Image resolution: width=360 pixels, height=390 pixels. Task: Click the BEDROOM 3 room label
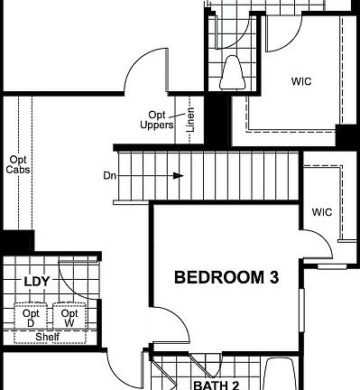[x=226, y=278]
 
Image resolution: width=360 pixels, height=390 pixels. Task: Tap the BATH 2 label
[x=217, y=384]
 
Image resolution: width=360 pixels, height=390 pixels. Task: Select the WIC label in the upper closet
[x=301, y=80]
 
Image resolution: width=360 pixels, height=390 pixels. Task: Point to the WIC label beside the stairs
[x=322, y=213]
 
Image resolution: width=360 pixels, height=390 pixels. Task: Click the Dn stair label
[x=110, y=174]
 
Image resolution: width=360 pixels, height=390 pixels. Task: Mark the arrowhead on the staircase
[x=180, y=175]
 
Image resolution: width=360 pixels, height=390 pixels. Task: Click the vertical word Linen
[x=190, y=121]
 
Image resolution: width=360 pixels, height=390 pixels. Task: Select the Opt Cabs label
[x=16, y=163]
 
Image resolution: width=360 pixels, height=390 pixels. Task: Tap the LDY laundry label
[x=36, y=282]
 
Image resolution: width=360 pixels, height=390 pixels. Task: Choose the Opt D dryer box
[x=30, y=317]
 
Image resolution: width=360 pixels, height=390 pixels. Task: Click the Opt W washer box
[x=69, y=317]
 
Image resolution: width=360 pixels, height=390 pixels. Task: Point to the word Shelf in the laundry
[x=48, y=338]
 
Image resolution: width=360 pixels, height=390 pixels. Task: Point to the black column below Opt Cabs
[x=16, y=242]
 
